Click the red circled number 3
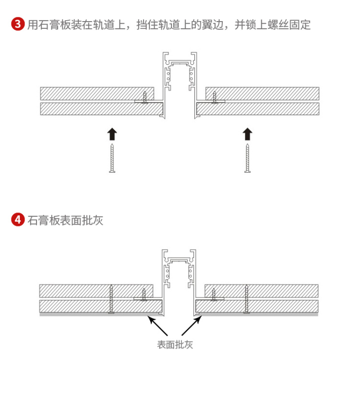pos(18,24)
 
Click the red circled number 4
pos(18,220)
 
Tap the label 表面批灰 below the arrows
pos(175,345)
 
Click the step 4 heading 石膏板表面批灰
pos(65,220)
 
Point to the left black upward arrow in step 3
pos(112,134)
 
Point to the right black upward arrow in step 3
pos(247,134)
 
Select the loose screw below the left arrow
pos(112,158)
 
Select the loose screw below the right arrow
pos(247,158)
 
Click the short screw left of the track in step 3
pos(144,97)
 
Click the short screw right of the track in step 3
pos(215,97)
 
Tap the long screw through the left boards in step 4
pos(111,299)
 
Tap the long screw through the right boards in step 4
pos(247,299)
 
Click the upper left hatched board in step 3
pos(97,94)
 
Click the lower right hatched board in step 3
pos(258,109)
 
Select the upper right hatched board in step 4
pos(261,291)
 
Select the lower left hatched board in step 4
pos(101,306)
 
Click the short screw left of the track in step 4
pos(144,295)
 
